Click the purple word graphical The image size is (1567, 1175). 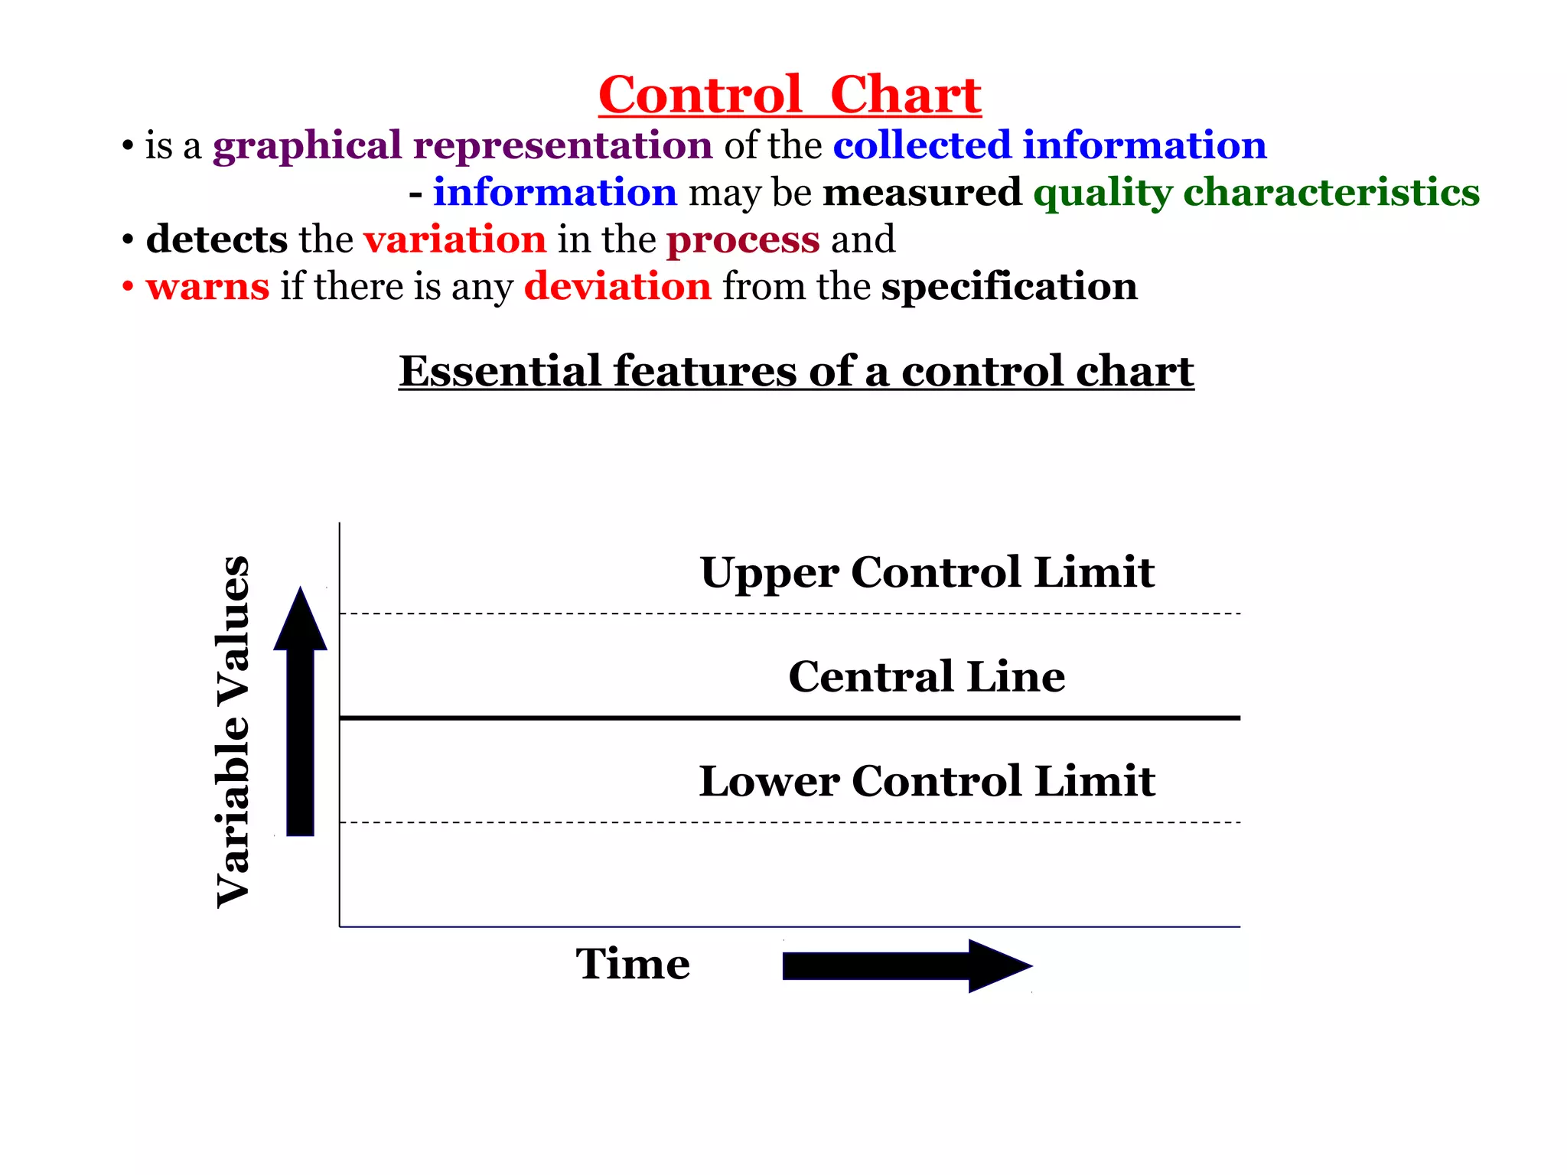click(307, 146)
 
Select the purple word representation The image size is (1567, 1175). click(562, 145)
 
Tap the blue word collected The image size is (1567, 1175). click(922, 145)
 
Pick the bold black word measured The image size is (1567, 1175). click(922, 192)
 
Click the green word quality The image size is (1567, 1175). click(1102, 194)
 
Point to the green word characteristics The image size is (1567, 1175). click(1331, 192)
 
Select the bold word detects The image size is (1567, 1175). click(217, 239)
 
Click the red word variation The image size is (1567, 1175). click(454, 239)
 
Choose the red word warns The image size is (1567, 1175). click(207, 287)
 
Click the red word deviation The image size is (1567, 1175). click(617, 287)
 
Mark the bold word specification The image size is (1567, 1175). click(1009, 288)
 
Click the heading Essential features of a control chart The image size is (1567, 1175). click(796, 372)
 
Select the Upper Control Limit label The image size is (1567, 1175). click(927, 572)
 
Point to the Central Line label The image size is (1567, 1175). click(927, 676)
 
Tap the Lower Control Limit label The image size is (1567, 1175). click(927, 781)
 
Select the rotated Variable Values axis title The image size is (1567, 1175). click(233, 732)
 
